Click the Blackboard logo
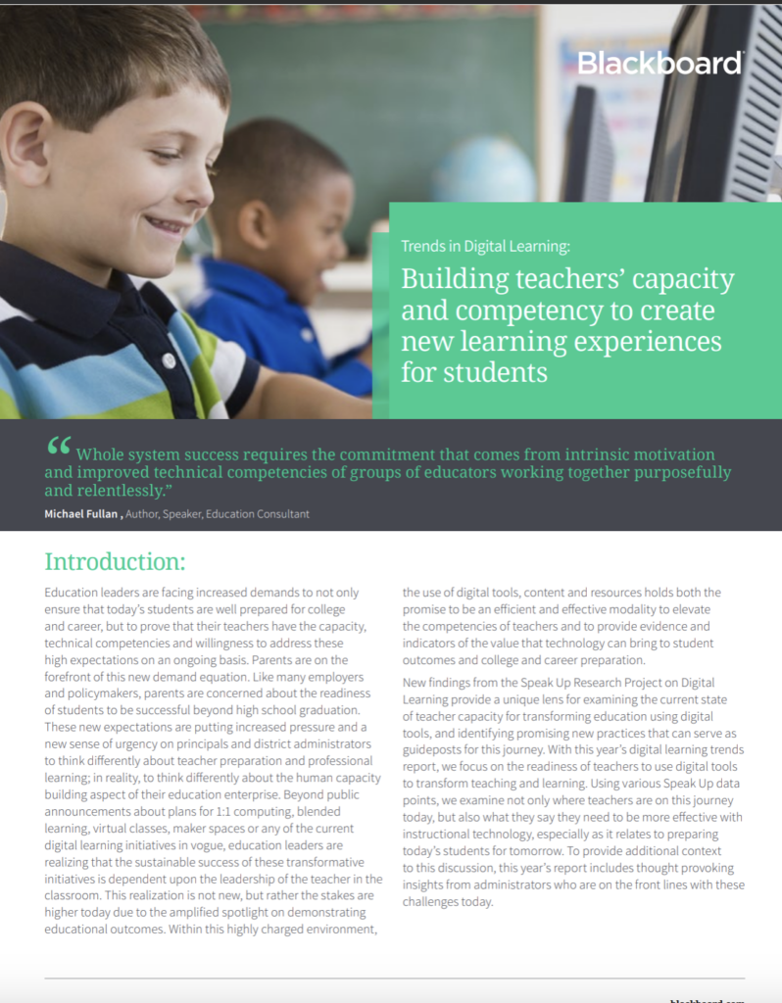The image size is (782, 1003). pyautogui.click(x=660, y=63)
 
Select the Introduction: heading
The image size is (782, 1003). pyautogui.click(x=115, y=562)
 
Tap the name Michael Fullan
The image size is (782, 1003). pyautogui.click(x=81, y=514)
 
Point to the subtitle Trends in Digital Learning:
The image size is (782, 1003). pyautogui.click(x=485, y=246)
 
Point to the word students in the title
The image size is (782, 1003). pyautogui.click(x=490, y=373)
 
